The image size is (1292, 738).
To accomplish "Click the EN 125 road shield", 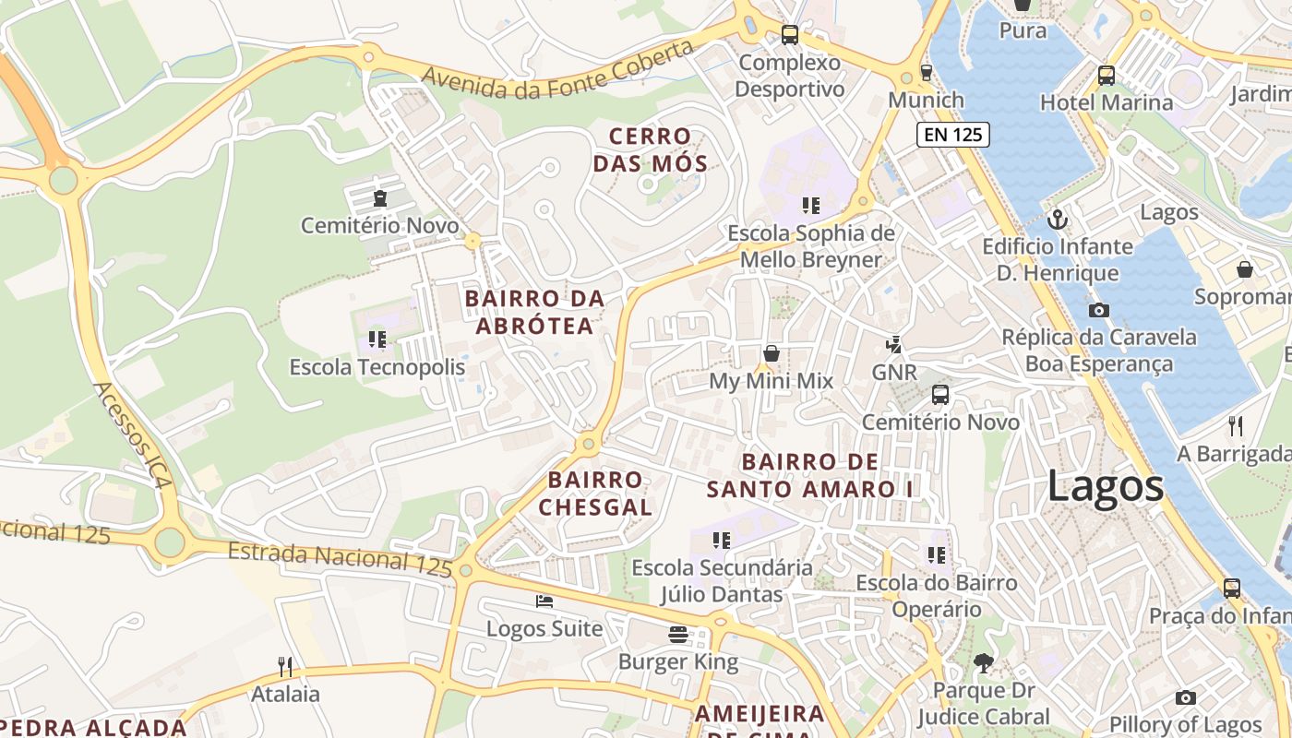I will pos(953,135).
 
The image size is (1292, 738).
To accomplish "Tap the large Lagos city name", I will pos(1106,486).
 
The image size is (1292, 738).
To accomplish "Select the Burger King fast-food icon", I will pos(679,634).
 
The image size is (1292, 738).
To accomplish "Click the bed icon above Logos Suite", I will pos(544,601).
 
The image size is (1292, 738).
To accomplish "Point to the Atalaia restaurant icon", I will pos(285,666).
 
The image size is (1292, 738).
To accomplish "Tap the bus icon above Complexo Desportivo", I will pos(790,35).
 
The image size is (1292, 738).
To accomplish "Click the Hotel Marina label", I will pos(1107,101).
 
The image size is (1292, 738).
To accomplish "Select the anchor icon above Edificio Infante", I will pos(1058,220).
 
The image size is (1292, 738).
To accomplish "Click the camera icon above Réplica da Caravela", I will pos(1099,310).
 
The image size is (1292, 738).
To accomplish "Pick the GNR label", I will pos(894,372).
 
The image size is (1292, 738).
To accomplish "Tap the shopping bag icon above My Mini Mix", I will pos(772,353).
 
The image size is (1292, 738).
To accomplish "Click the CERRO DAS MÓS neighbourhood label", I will pos(651,150).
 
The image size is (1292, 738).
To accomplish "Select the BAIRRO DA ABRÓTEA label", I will pos(534,312).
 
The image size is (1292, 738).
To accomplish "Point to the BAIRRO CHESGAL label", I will pos(595,493).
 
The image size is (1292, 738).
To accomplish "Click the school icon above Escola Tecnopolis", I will pos(377,339).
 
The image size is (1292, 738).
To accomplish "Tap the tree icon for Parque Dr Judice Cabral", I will pos(984,661).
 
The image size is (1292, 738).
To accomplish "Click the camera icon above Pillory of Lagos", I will pos(1186,697).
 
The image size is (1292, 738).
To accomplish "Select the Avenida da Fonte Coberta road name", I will pos(557,69).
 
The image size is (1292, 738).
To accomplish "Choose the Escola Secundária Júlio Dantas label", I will pos(722,581).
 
